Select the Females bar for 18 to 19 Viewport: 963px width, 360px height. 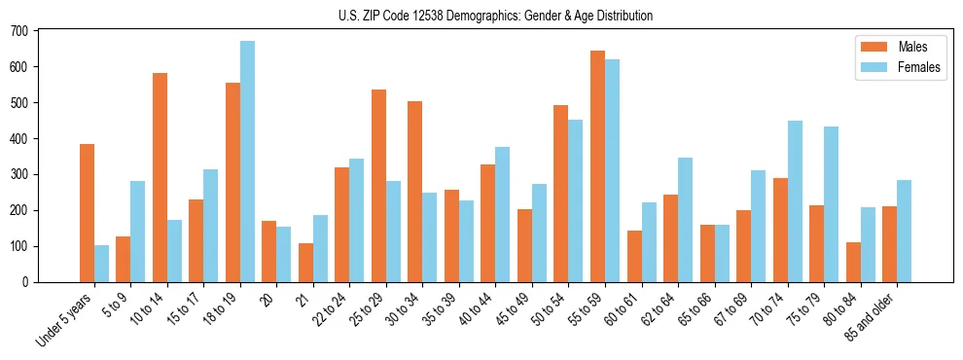click(247, 162)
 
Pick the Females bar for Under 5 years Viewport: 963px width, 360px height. click(101, 264)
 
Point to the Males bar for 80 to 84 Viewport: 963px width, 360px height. click(853, 263)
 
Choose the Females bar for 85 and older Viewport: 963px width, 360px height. click(904, 232)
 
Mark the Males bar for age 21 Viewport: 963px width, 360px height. click(305, 263)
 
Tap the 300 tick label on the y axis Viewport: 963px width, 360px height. click(19, 174)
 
